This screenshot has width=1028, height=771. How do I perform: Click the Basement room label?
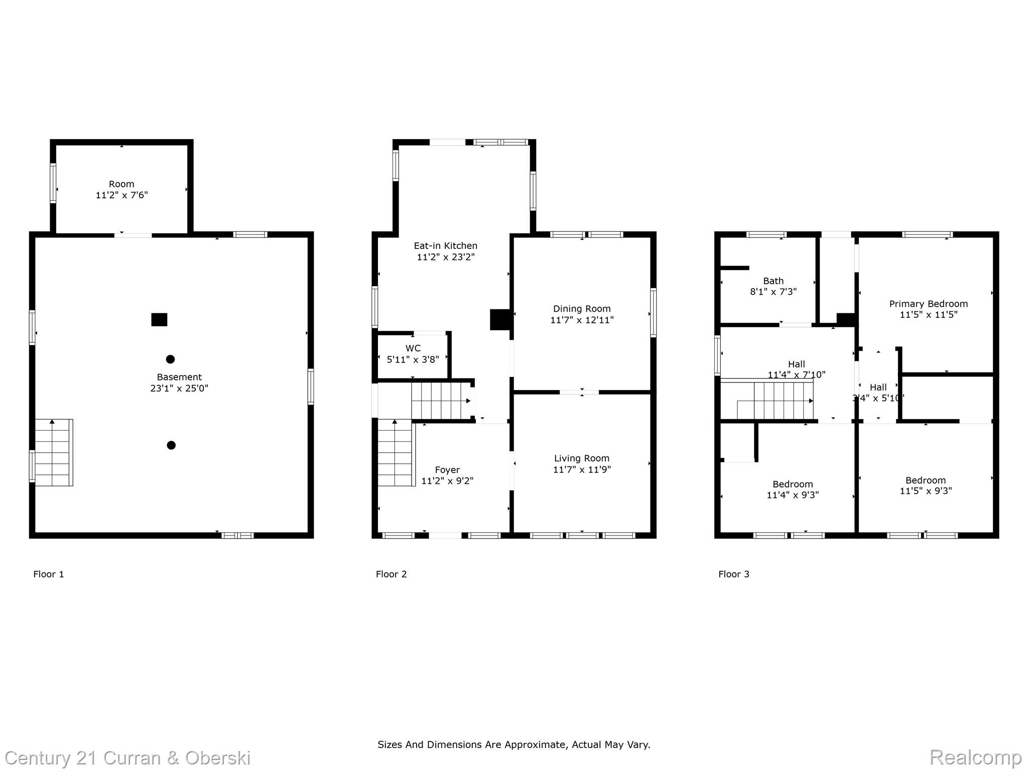click(x=179, y=377)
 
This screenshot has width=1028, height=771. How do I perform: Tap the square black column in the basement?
click(x=159, y=320)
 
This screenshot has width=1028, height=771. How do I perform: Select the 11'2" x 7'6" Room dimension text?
click(x=122, y=195)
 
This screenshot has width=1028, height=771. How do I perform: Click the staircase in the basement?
click(x=54, y=452)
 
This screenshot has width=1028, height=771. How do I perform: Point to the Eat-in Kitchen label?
click(x=445, y=246)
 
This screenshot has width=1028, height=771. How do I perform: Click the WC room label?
click(x=413, y=348)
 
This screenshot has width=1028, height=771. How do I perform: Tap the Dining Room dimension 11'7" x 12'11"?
click(x=582, y=320)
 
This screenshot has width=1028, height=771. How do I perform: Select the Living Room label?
click(x=581, y=458)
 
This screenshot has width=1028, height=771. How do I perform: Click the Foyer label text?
click(x=447, y=470)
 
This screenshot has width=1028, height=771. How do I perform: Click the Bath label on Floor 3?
click(x=773, y=281)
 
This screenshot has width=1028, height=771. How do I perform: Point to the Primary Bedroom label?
click(x=928, y=304)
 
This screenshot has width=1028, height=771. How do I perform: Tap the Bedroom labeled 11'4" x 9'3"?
click(x=793, y=489)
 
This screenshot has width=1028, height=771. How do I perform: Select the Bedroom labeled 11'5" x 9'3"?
click(x=925, y=485)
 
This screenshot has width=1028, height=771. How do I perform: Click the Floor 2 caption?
click(x=391, y=574)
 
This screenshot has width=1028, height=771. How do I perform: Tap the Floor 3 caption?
click(x=733, y=574)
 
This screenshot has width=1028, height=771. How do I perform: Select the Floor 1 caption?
click(x=49, y=574)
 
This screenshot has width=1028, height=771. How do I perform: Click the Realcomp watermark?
click(x=975, y=757)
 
